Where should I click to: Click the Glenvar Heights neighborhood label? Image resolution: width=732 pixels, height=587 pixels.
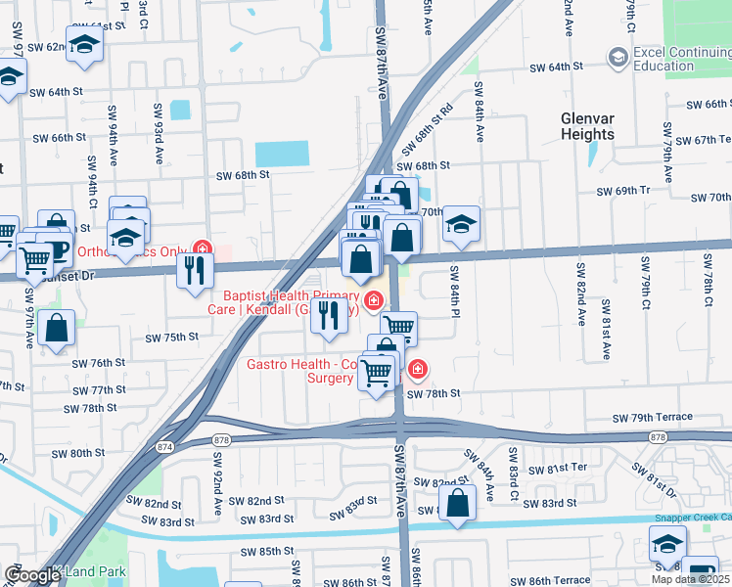[587, 125]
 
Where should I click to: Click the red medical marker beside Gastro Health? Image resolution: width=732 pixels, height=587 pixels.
[417, 368]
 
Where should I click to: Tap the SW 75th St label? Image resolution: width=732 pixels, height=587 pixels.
[171, 338]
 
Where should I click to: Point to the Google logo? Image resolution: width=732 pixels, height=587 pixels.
[32, 575]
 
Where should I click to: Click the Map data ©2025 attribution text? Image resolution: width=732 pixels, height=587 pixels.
[690, 579]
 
